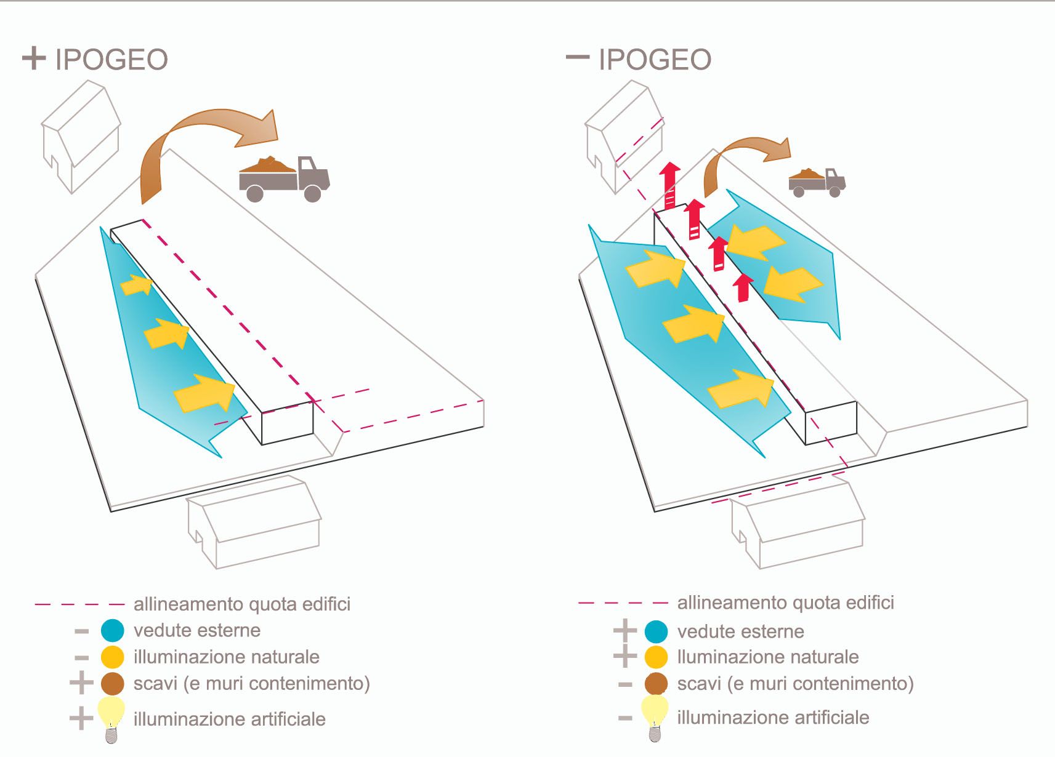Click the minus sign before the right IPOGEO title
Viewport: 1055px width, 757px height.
pyautogui.click(x=577, y=57)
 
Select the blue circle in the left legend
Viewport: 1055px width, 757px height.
pyautogui.click(x=112, y=630)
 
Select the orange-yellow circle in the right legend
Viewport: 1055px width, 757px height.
pyautogui.click(x=656, y=657)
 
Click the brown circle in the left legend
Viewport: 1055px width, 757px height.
pyautogui.click(x=112, y=683)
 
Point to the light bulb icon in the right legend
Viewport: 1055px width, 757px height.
pyautogui.click(x=655, y=716)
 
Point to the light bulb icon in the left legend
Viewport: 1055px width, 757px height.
pyautogui.click(x=111, y=718)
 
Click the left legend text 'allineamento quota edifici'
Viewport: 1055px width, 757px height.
pyautogui.click(x=242, y=604)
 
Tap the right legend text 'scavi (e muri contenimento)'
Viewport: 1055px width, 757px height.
pyautogui.click(x=795, y=683)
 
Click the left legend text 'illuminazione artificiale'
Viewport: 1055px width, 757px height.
pyautogui.click(x=229, y=719)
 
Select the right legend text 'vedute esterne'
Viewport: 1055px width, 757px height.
pyautogui.click(x=740, y=631)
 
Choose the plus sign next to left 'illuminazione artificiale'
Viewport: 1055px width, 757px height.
pyautogui.click(x=81, y=718)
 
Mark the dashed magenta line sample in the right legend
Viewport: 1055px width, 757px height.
pyautogui.click(x=623, y=603)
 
